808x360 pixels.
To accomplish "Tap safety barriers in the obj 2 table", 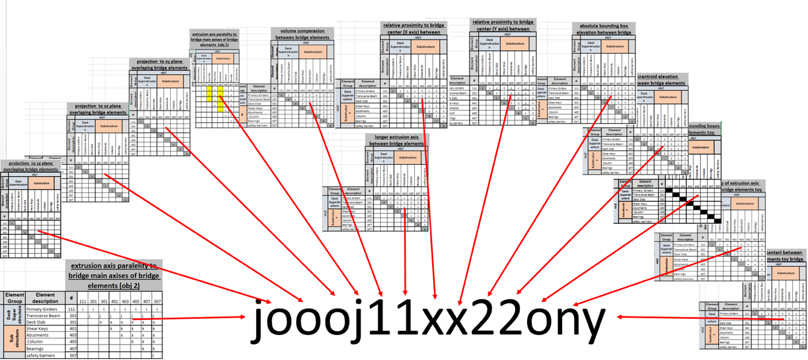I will [45, 356].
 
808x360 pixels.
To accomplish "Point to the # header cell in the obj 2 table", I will [72, 298].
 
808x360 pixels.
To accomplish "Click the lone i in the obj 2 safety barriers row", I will [153, 356].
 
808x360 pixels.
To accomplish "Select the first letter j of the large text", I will [261, 322].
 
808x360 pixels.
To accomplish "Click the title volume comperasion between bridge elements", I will [303, 33].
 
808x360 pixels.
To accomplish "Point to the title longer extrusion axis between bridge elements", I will [396, 140].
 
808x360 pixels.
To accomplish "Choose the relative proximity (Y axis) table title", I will [501, 25].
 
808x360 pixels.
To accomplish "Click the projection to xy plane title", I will [159, 64].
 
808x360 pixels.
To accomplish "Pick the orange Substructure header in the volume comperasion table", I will [312, 52].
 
